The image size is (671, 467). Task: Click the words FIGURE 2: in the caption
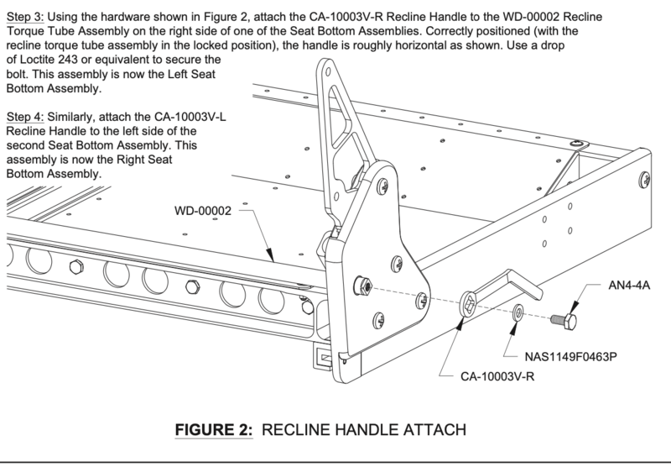click(213, 429)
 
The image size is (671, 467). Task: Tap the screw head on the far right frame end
click(645, 179)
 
